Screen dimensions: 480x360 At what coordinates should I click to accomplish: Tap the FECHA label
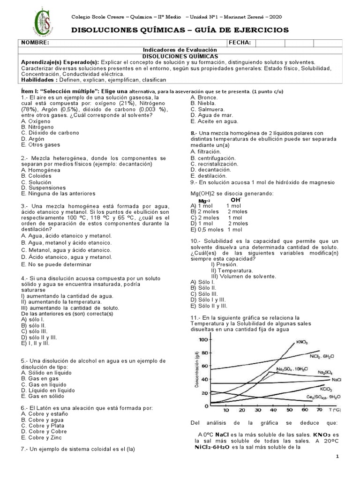pyautogui.click(x=239, y=43)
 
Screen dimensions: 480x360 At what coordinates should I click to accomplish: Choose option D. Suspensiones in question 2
pyautogui.click(x=44, y=187)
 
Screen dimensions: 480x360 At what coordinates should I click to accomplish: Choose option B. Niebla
pyautogui.click(x=203, y=103)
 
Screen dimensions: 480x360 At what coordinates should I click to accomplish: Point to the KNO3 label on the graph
pyautogui.click(x=302, y=343)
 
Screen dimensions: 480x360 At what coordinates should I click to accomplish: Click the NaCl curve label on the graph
pyautogui.click(x=336, y=379)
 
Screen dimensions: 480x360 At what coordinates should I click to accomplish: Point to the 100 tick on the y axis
pyautogui.click(x=203, y=339)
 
